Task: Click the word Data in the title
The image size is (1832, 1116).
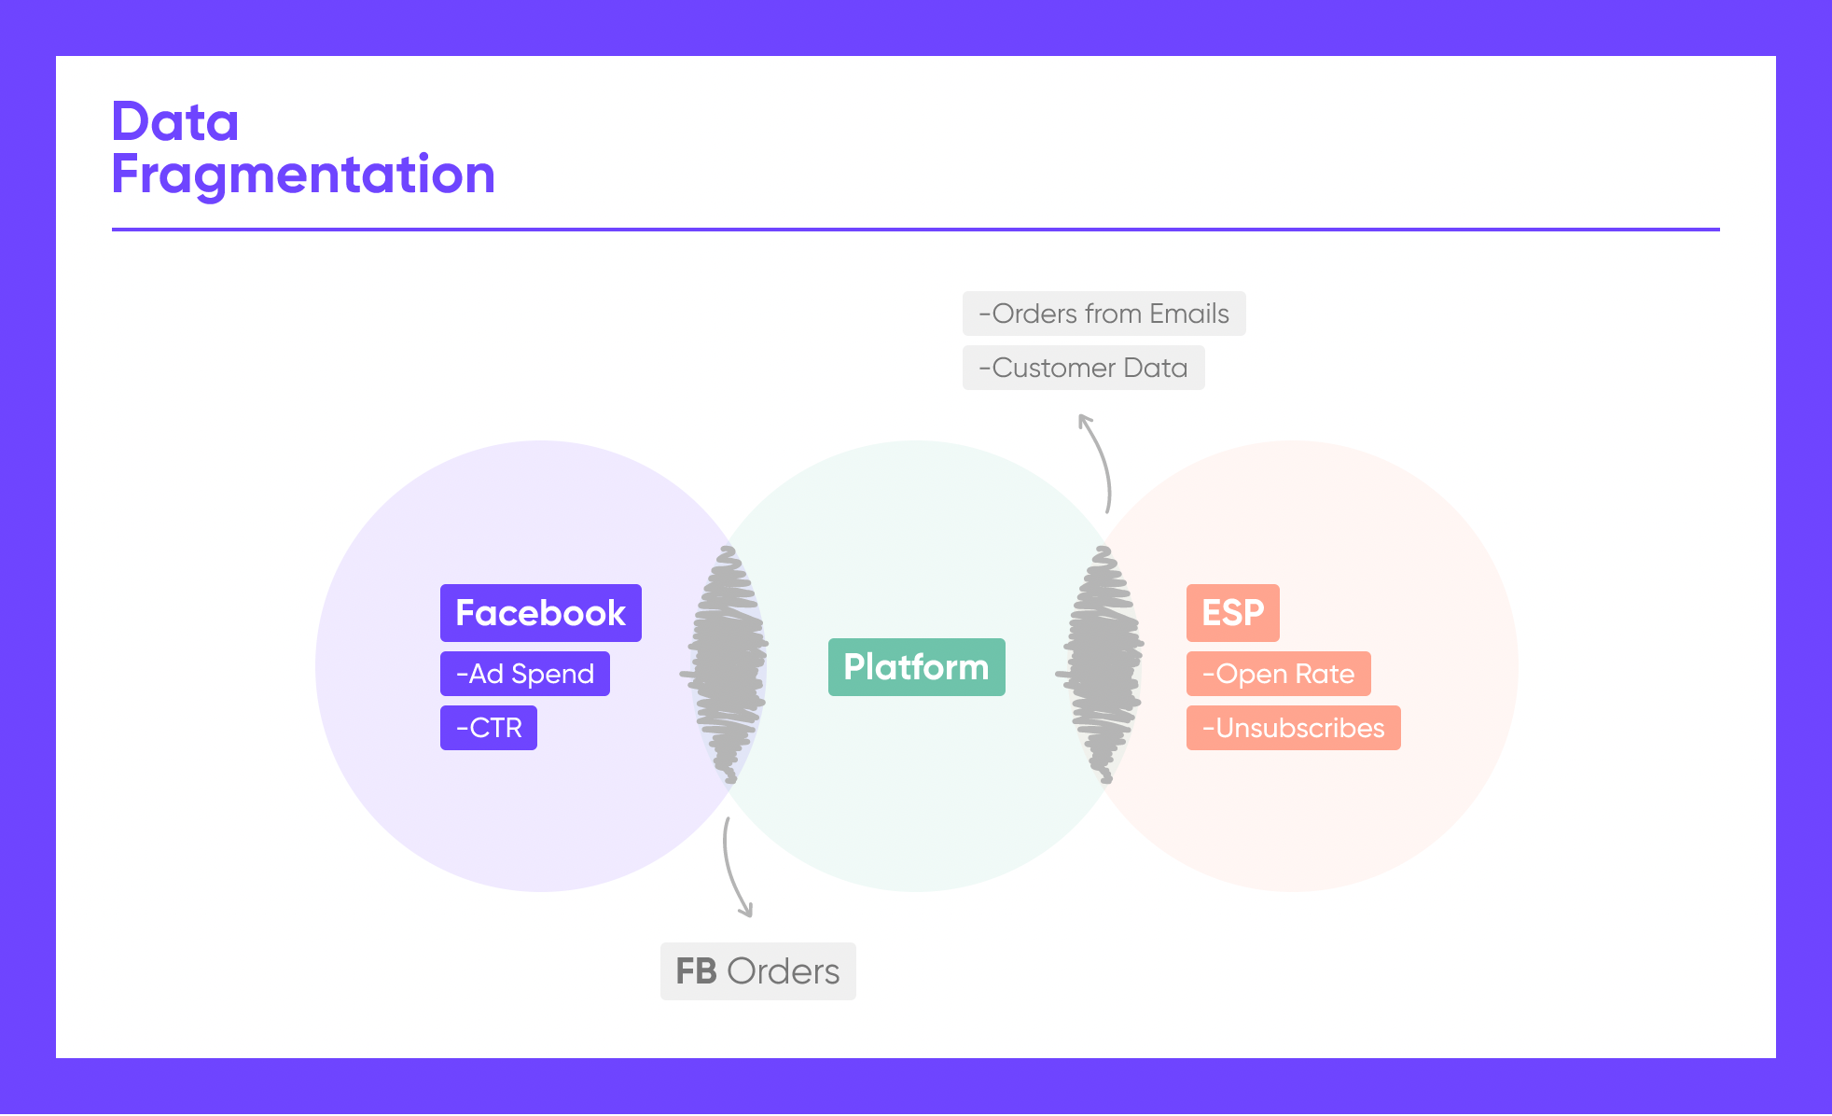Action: pyautogui.click(x=175, y=121)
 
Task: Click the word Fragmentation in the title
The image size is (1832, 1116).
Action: pyautogui.click(x=303, y=175)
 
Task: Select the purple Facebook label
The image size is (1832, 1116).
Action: pyautogui.click(x=541, y=613)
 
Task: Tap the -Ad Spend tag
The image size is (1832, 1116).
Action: pyautogui.click(x=525, y=674)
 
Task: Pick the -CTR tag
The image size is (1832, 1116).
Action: pyautogui.click(x=489, y=728)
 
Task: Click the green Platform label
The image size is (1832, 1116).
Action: pyautogui.click(x=917, y=667)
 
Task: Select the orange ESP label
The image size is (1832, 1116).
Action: pyautogui.click(x=1233, y=613)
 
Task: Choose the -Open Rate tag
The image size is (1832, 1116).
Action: pyautogui.click(x=1279, y=674)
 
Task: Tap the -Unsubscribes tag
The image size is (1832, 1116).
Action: pyautogui.click(x=1294, y=728)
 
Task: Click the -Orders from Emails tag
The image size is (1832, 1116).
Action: pyautogui.click(x=1104, y=314)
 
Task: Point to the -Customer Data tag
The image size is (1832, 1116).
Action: pyautogui.click(x=1084, y=368)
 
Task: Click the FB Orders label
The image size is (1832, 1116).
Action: pyautogui.click(x=758, y=971)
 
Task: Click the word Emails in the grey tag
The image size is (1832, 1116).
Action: pyautogui.click(x=1189, y=314)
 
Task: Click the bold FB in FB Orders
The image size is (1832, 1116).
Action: pyautogui.click(x=696, y=971)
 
